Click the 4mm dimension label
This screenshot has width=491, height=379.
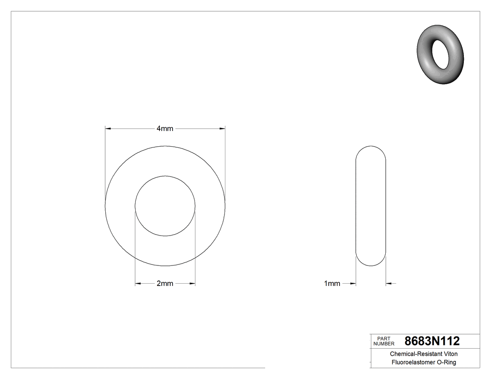coord(165,128)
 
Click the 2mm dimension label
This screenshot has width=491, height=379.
coord(165,284)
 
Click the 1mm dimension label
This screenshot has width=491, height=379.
coord(332,284)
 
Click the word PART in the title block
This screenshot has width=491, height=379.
coord(383,338)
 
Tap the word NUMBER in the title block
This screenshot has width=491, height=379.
coord(383,344)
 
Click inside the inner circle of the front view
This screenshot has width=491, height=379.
coord(165,206)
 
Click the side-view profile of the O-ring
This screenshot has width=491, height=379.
coord(371,206)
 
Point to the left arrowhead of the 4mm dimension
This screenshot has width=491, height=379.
coord(108,128)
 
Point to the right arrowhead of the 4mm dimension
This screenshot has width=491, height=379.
coord(222,128)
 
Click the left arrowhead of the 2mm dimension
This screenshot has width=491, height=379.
coord(138,284)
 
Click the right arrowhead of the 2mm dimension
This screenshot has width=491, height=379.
coord(192,284)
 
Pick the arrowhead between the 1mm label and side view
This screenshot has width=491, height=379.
coord(353,284)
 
